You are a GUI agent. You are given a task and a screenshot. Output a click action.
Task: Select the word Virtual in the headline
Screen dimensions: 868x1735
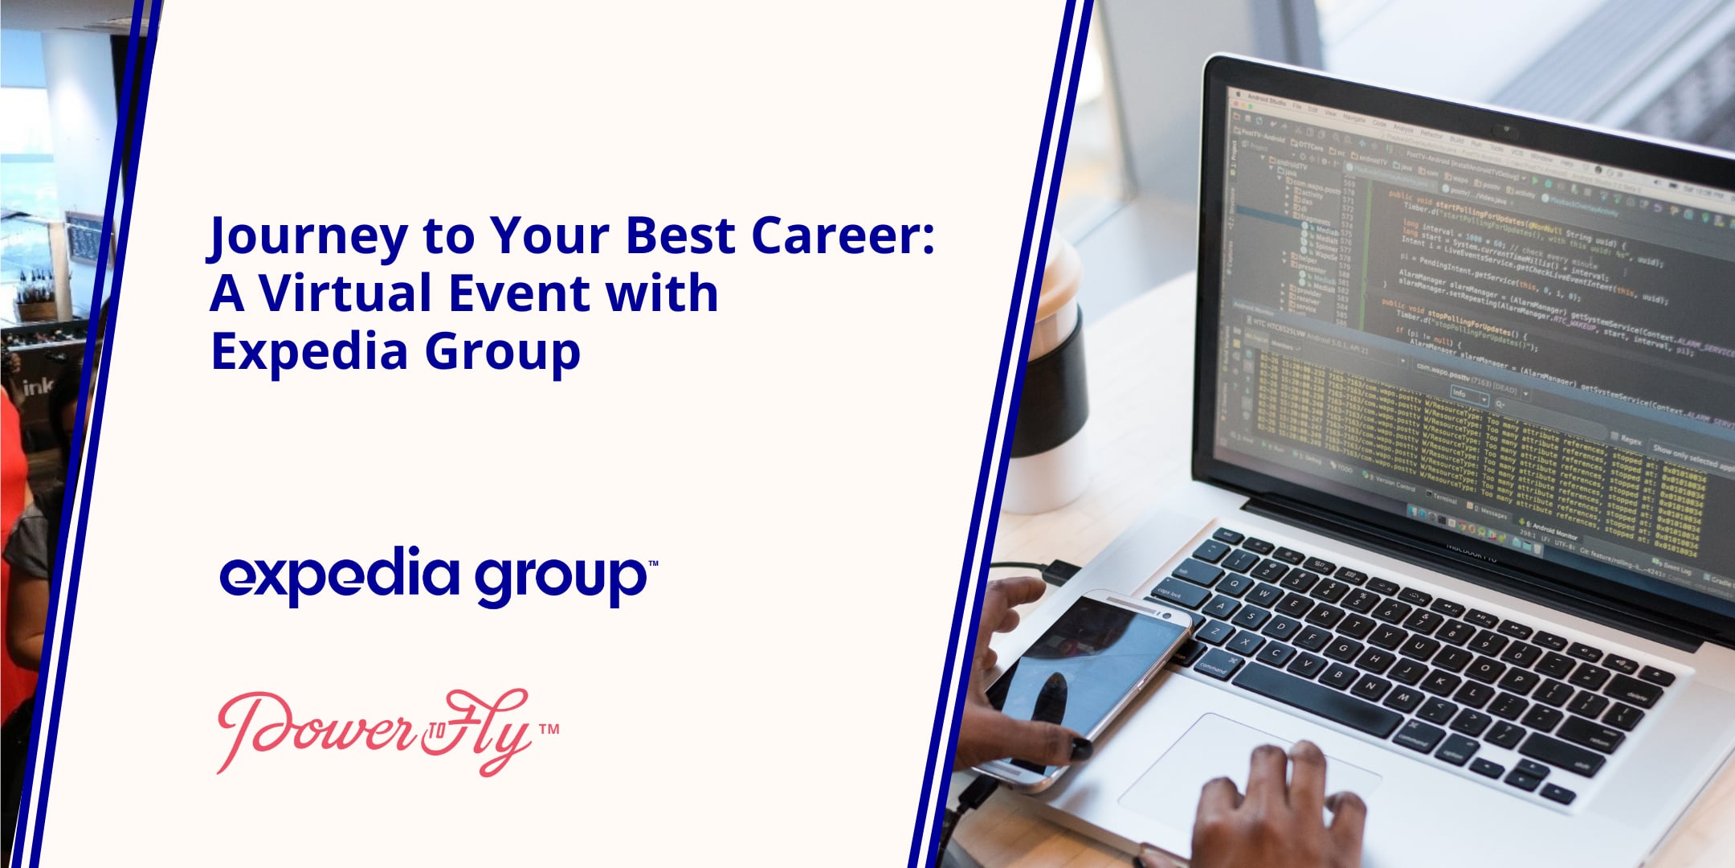346,293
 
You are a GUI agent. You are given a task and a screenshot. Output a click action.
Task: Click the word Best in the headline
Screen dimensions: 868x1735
680,235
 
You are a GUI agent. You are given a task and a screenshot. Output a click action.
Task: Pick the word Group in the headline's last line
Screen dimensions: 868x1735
502,352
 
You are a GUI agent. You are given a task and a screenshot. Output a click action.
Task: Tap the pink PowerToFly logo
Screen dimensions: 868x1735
374,731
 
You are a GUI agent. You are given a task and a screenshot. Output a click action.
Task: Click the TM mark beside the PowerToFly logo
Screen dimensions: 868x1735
549,730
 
